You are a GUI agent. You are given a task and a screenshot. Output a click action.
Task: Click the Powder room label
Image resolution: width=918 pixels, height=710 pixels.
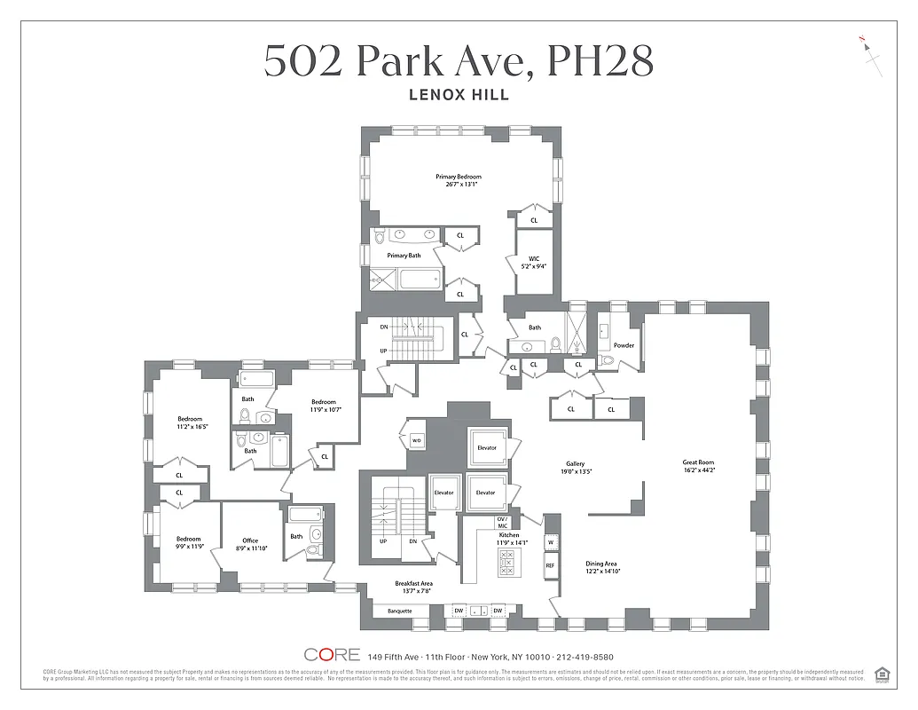coord(624,345)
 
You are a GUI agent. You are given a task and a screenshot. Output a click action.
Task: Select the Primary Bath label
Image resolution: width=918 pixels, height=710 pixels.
coord(404,256)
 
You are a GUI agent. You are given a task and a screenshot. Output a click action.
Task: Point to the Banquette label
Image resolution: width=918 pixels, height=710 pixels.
coord(400,611)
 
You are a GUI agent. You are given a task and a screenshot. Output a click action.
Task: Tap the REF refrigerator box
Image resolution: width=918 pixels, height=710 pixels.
coord(551,565)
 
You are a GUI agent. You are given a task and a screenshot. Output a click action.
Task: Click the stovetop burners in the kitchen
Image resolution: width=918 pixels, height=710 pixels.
coord(508,563)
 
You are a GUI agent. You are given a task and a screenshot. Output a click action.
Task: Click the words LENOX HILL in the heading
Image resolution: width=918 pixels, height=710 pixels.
coord(459,95)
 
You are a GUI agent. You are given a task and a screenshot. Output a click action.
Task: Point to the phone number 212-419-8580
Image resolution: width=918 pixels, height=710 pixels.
coord(582,657)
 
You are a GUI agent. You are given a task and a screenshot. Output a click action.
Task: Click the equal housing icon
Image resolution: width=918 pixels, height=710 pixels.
coord(882,674)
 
